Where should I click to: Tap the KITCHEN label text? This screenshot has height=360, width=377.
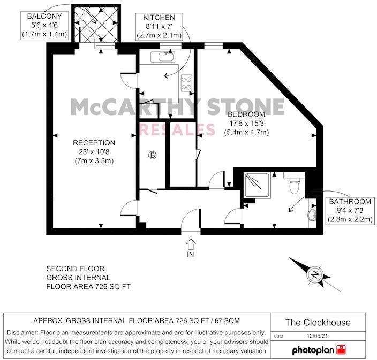(159, 18)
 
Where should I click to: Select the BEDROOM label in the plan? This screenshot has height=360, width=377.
(246, 115)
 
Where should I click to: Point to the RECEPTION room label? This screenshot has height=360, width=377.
(94, 143)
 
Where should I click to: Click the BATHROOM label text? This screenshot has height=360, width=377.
(350, 202)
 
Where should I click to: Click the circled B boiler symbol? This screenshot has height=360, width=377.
(152, 156)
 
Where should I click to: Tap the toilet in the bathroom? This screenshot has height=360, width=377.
(293, 186)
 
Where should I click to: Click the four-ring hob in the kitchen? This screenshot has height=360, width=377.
(187, 83)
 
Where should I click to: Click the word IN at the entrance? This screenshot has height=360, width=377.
(191, 256)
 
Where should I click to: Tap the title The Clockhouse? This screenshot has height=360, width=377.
(318, 322)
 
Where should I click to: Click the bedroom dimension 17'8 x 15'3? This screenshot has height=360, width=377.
(246, 124)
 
